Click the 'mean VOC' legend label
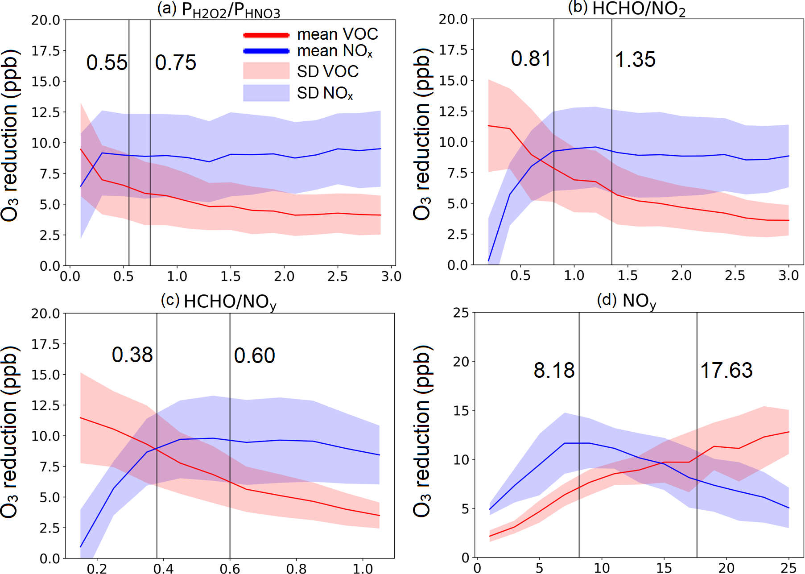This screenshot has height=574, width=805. point(337,34)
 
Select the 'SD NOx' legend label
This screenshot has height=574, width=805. point(325,93)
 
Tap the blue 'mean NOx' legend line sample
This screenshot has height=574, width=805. point(266,51)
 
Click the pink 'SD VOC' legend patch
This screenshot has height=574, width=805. point(266,71)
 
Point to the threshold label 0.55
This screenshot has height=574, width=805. point(107,63)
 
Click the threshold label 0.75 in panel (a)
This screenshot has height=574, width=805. point(176,63)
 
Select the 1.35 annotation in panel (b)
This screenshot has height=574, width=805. point(635,60)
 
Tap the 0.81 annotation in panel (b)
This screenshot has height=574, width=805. point(531,59)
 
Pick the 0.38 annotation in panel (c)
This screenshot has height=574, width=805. point(132,355)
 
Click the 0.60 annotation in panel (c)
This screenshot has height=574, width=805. point(255,356)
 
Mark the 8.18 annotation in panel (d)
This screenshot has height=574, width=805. point(554,371)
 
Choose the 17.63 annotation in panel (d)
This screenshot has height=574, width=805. point(727,371)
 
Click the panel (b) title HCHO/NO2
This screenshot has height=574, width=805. point(627,9)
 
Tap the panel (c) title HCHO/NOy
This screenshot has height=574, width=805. point(219,302)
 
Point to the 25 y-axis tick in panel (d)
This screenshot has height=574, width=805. point(461,313)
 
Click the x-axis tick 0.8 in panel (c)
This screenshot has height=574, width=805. point(297,569)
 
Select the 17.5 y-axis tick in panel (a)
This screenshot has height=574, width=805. point(45,51)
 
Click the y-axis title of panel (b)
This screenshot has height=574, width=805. point(422,134)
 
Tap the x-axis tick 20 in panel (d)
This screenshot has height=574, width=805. point(727,568)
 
